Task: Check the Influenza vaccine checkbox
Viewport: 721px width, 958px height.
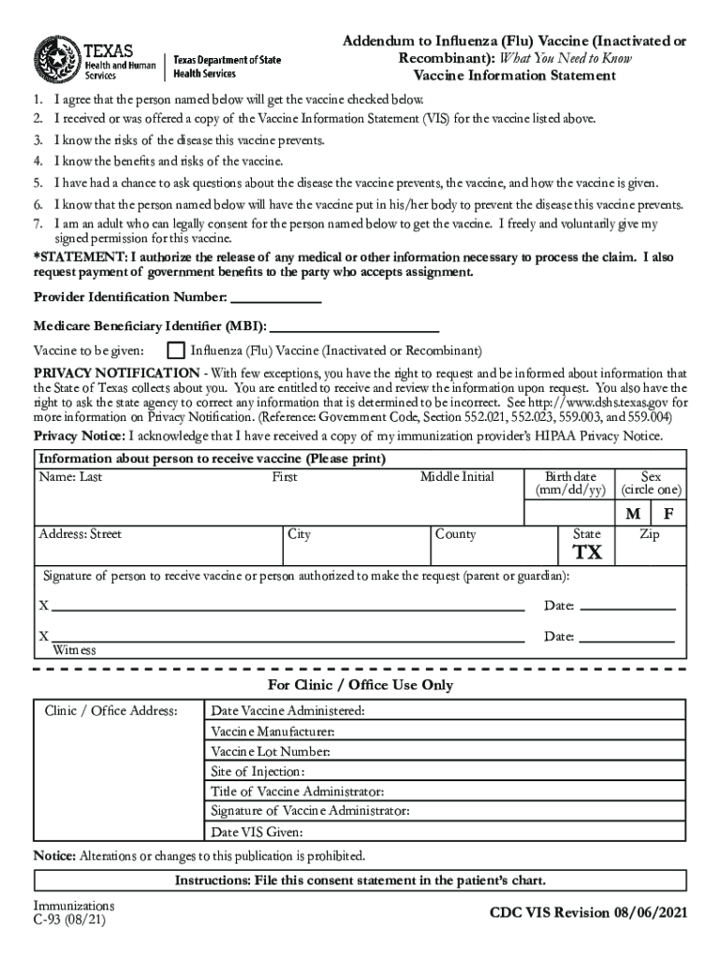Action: point(174,351)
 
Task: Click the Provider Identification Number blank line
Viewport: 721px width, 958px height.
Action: point(274,298)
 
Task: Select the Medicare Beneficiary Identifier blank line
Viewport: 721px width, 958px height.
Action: point(353,327)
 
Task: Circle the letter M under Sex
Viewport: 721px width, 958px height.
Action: point(634,515)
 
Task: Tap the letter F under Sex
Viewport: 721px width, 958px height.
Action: point(669,515)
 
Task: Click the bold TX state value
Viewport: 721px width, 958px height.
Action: point(587,553)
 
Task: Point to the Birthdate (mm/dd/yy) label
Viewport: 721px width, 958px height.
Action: point(570,484)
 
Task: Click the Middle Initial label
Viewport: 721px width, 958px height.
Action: point(457,477)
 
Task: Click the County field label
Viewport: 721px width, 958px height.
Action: point(455,534)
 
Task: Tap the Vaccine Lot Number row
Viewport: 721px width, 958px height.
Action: point(271,751)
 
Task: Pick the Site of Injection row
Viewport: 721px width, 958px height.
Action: point(257,772)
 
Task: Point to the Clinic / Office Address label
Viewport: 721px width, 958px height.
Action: point(111,711)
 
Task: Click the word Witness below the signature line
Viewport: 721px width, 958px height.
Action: point(74,650)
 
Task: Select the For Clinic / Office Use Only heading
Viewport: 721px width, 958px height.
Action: point(360,685)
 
